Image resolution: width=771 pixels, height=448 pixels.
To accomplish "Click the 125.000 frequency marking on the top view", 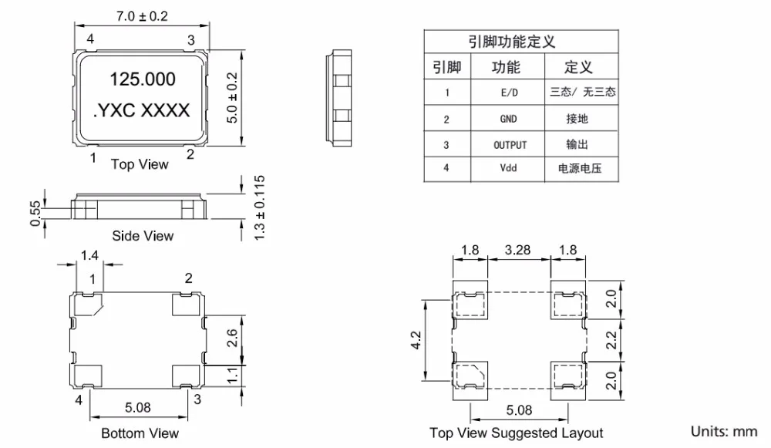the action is point(143,79).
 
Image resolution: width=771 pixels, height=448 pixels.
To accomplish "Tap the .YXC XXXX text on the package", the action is point(141,111).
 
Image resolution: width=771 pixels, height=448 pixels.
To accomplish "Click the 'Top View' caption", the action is point(140,163).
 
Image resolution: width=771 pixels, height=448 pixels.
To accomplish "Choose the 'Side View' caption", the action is point(143,236).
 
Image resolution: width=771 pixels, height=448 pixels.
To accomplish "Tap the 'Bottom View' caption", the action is point(140,433).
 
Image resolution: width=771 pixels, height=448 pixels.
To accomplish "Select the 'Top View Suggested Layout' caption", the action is point(517,433).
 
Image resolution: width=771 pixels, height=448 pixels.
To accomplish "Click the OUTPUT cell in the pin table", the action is point(510,144).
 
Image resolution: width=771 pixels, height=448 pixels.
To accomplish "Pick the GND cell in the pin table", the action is point(509,119).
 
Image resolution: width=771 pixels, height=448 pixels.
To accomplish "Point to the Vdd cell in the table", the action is point(509,168).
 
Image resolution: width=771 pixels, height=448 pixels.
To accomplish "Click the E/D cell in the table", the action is point(509,93).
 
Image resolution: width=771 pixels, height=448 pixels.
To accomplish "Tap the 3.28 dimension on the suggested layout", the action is point(517,249).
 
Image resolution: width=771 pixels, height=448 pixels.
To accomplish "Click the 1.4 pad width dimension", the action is point(89,254).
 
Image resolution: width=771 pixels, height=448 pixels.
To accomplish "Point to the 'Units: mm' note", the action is point(724,431).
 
